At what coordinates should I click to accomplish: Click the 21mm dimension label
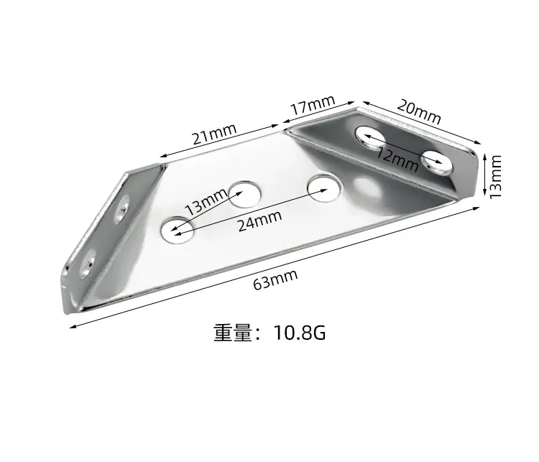(x=214, y=134)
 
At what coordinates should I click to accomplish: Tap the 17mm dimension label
(x=313, y=104)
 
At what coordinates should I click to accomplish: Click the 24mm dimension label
(x=260, y=221)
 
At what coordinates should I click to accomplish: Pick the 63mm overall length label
(x=275, y=279)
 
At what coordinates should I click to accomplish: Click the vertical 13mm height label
(x=495, y=177)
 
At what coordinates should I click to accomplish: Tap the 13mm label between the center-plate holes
(x=206, y=202)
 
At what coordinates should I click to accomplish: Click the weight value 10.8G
(x=300, y=333)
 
